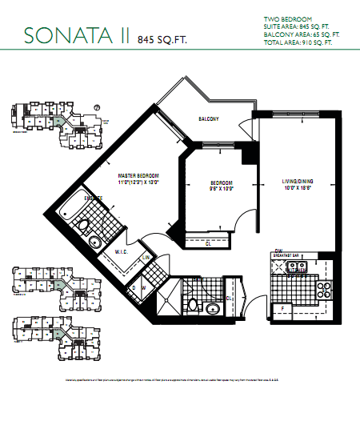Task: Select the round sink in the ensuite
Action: (94, 243)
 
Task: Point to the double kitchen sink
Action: (293, 270)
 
